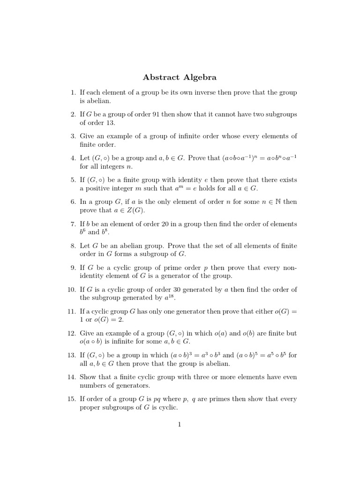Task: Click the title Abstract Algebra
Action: click(180, 77)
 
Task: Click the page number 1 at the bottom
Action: click(179, 425)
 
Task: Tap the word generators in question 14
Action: click(127, 386)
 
